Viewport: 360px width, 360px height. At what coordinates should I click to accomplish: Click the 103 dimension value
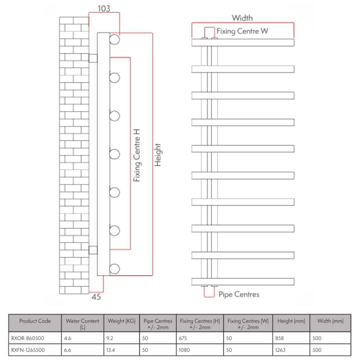104,8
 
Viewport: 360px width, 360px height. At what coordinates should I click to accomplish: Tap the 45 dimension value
96,297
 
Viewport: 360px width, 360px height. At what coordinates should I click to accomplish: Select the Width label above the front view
242,18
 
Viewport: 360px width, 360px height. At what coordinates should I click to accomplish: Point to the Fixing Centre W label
242,31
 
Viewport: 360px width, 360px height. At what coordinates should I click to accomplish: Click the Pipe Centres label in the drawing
239,294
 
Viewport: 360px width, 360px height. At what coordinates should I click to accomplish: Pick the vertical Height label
158,155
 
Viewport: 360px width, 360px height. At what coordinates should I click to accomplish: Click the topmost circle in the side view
115,39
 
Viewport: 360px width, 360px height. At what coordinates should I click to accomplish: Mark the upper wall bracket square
93,58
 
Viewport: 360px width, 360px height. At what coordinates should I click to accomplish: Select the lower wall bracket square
93,250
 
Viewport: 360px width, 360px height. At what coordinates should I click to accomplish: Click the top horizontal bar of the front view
243,43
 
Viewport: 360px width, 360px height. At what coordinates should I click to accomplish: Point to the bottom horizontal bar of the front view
243,282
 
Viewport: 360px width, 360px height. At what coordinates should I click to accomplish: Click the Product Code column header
35,321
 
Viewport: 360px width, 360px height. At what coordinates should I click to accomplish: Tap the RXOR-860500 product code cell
28,338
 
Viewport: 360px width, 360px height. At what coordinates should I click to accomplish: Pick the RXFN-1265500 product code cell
28,350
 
